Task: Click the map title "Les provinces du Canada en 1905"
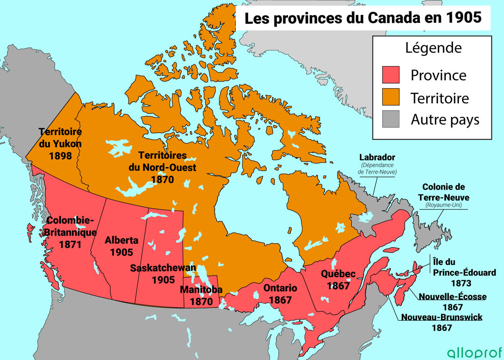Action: (x=363, y=18)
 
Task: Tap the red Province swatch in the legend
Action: (x=391, y=75)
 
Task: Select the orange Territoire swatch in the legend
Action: (x=391, y=98)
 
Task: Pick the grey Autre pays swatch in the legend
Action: (x=391, y=120)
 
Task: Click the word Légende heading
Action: (x=433, y=48)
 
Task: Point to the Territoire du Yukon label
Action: (x=60, y=138)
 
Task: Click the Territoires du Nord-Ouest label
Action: (x=162, y=162)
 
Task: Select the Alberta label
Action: (x=121, y=240)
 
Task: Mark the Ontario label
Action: (x=280, y=288)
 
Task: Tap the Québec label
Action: (x=338, y=274)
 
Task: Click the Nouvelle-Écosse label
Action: (x=452, y=296)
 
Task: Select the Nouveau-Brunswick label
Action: (x=441, y=317)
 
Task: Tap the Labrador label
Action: (x=377, y=158)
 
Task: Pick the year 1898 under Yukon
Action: (x=60, y=155)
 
